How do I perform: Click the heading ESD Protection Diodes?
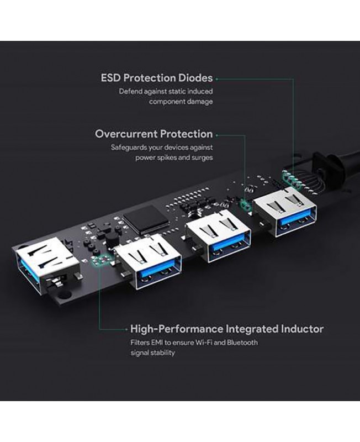(157, 78)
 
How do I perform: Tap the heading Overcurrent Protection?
(154, 134)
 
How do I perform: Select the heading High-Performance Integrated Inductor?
(227, 329)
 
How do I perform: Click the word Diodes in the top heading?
(195, 78)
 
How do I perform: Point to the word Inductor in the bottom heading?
(302, 329)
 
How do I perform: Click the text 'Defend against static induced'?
(166, 91)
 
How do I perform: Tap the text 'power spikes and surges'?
(174, 157)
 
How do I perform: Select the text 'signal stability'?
(152, 352)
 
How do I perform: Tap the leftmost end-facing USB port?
(46, 266)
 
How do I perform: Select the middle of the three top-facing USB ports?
(218, 236)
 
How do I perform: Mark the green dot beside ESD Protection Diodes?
(216, 79)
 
